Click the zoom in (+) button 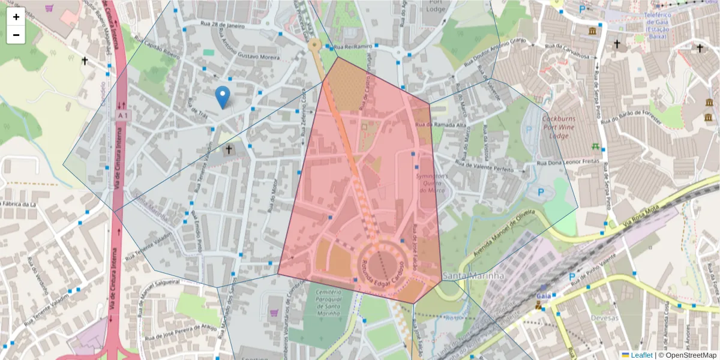pos(16,17)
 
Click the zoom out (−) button pos(16,35)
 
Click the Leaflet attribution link pos(641,355)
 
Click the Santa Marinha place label pos(473,275)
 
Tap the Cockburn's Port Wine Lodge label pos(563,127)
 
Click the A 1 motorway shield pos(123,115)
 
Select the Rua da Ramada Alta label pos(445,125)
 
